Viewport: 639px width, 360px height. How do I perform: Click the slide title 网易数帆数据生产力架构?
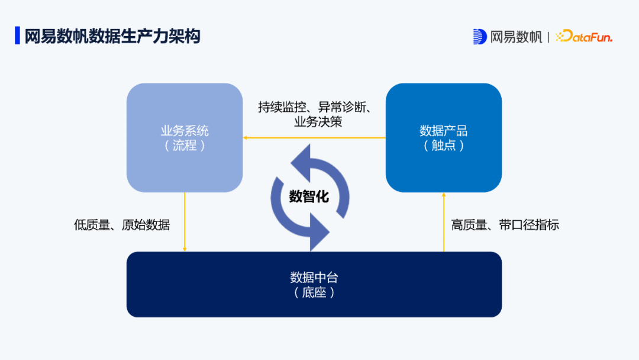112,36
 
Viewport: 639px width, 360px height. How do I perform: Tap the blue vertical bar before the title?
17,36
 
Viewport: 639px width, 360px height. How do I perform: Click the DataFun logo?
585,37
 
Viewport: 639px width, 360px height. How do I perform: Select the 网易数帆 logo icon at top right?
480,37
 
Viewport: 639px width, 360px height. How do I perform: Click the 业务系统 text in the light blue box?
185,131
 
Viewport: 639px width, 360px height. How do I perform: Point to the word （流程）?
185,146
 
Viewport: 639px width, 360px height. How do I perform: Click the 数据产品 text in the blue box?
444,131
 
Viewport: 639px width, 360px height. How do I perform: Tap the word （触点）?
444,146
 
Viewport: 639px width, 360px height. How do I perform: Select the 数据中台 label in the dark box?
314,277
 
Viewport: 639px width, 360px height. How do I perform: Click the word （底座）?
314,292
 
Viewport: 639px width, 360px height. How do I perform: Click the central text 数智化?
309,197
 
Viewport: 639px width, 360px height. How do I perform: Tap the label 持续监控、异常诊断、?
315,107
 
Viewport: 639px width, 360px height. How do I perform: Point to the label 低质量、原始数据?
122,225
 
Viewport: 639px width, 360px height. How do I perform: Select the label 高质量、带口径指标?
505,225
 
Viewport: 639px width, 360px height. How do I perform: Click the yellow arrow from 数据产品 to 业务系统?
314,137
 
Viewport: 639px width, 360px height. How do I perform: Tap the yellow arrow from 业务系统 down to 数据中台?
185,222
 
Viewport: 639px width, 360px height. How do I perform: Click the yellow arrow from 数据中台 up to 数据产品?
444,222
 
